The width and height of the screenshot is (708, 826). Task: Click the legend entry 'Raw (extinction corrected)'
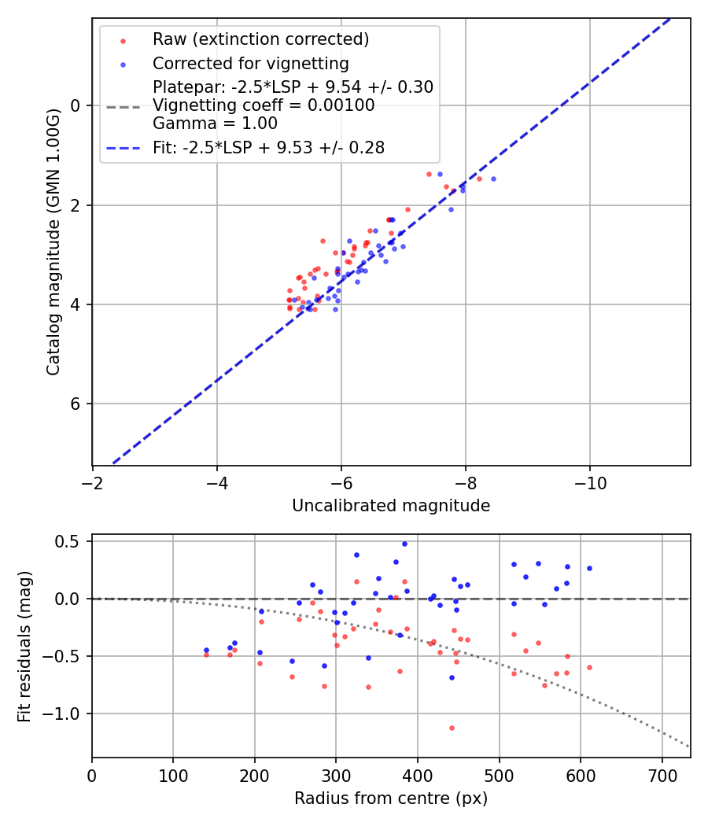point(260,39)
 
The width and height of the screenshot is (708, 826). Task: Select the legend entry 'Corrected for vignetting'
point(250,63)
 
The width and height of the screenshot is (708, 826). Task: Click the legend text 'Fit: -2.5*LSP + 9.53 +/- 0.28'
point(268,147)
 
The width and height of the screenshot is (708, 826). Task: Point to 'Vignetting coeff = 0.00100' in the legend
point(264,105)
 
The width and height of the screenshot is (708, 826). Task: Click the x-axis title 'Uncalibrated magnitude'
point(391,506)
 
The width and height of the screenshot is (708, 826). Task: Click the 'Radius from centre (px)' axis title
point(391,798)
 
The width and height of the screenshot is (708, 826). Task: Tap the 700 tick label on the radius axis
point(662,775)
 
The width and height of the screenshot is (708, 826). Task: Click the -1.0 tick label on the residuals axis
point(67,714)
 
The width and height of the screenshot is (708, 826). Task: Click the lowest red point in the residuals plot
point(452,728)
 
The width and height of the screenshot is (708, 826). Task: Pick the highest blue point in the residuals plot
point(404,544)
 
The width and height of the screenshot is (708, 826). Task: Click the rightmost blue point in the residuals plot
point(589,568)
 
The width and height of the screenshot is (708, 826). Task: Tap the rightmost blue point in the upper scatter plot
point(493,179)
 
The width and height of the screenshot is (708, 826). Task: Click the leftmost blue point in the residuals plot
point(206,651)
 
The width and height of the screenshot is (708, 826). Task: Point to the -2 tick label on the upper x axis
point(93,482)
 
